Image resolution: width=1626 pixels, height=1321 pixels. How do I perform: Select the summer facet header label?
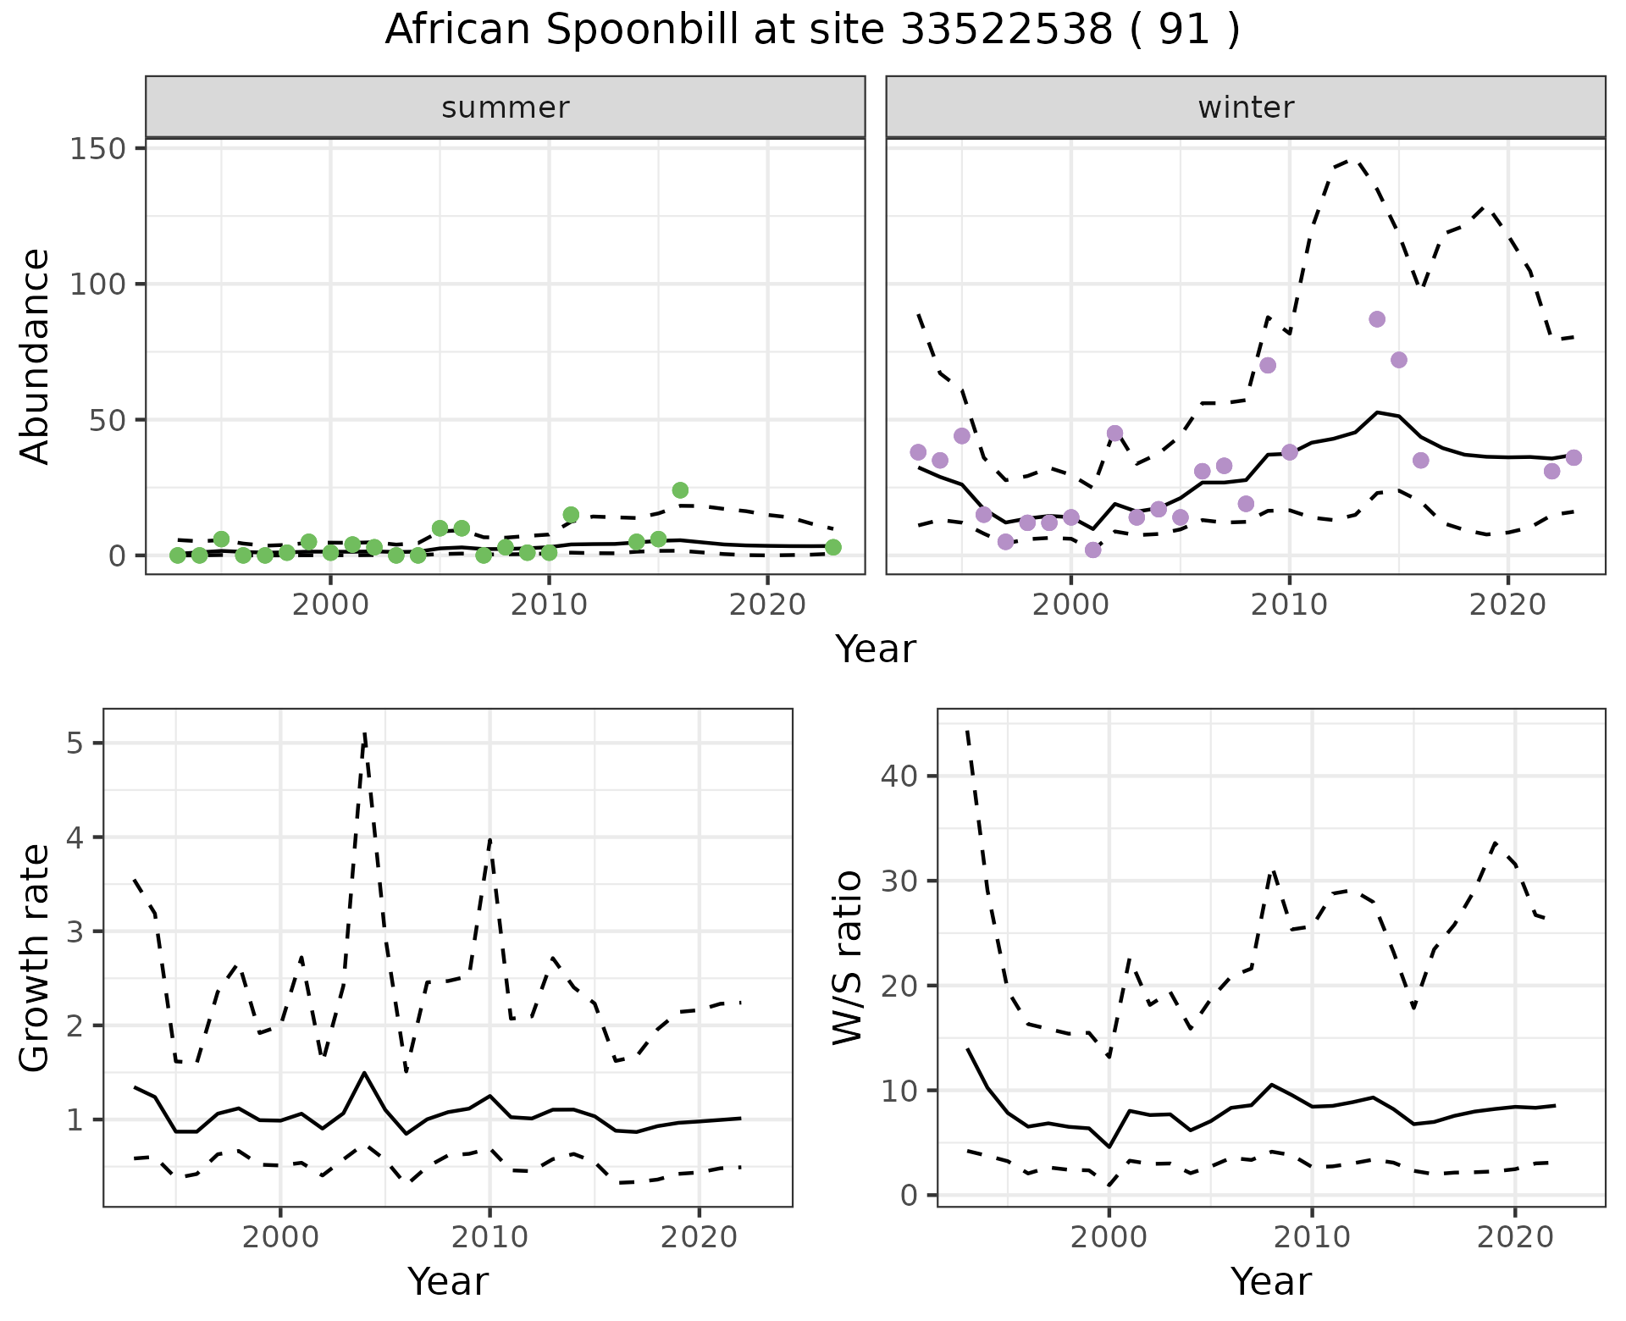[505, 108]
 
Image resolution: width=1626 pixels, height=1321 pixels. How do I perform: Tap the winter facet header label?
[1246, 108]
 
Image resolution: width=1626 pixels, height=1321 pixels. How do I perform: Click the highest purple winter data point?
[1377, 319]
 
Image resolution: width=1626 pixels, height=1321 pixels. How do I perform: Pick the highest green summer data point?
[680, 490]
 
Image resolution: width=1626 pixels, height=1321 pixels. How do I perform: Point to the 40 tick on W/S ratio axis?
[909, 776]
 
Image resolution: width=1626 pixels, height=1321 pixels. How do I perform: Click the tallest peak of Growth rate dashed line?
[364, 733]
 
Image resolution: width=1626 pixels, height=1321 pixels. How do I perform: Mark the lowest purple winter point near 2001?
[1093, 550]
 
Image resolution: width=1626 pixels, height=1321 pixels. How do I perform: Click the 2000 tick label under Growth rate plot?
[280, 1236]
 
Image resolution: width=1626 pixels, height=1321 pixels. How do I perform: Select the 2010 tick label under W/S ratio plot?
[1312, 1236]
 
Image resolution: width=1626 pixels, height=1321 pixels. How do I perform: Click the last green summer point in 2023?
[833, 548]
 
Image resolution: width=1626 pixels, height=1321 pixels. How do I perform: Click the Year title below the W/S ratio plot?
[1271, 1281]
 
